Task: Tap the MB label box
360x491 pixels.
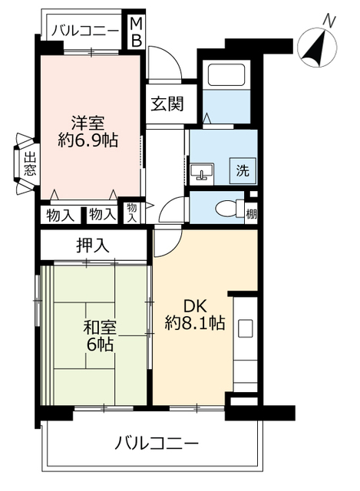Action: point(135,31)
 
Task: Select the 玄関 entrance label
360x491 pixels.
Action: point(166,104)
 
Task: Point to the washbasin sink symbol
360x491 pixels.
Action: point(205,170)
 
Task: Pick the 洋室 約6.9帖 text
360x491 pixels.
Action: point(85,131)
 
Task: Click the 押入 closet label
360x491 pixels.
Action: point(93,245)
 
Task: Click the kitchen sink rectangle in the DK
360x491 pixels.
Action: point(245,328)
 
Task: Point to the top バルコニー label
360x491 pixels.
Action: point(85,31)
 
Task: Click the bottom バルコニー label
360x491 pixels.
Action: point(158,443)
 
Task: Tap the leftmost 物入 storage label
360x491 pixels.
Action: point(60,216)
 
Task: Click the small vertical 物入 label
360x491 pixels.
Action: point(132,213)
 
